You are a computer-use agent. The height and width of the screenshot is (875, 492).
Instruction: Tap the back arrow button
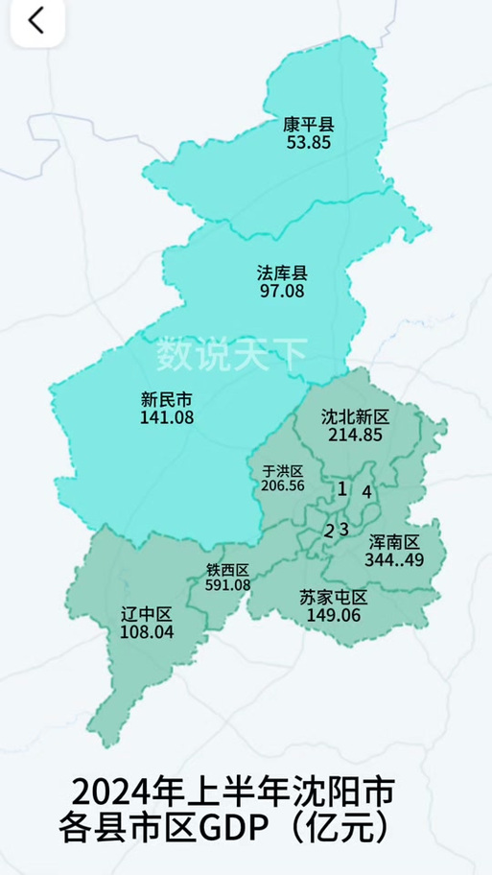36,21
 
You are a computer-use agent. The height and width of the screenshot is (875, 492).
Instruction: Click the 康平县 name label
308,125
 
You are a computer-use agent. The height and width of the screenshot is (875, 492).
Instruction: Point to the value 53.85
308,141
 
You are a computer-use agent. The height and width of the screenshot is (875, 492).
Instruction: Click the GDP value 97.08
282,289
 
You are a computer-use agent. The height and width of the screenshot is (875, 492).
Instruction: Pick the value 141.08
166,416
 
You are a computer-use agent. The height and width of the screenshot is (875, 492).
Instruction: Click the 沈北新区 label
354,417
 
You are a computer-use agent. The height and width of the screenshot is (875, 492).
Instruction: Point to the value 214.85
354,434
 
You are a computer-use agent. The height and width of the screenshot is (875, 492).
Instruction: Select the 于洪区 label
282,471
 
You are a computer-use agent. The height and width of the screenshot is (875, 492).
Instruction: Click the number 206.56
282,485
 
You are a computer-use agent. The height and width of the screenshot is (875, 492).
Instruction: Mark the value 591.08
227,584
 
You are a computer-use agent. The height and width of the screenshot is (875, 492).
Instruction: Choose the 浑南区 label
394,542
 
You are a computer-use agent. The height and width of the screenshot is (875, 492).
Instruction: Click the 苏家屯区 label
333,597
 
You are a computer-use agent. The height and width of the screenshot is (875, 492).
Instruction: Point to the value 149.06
333,614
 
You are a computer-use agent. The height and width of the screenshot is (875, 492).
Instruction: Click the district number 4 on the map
366,491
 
